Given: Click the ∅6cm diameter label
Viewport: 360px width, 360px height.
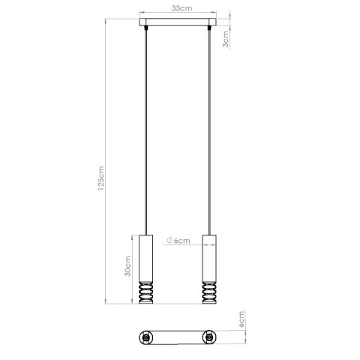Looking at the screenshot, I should (x=178, y=240).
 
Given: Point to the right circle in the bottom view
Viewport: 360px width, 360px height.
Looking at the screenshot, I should (x=209, y=338).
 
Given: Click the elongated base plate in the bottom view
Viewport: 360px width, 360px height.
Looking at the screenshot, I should (x=178, y=338).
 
